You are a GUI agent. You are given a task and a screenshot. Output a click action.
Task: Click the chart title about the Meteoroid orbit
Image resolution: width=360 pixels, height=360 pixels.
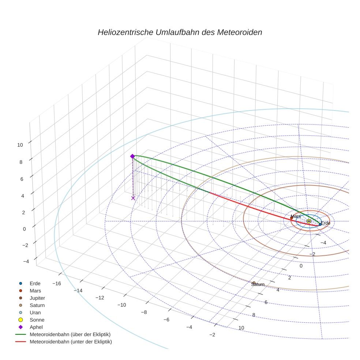click(180, 32)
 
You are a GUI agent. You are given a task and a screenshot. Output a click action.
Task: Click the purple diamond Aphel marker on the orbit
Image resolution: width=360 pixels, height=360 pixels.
click(132, 156)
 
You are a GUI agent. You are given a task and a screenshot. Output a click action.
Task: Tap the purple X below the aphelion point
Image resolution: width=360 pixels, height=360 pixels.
click(133, 198)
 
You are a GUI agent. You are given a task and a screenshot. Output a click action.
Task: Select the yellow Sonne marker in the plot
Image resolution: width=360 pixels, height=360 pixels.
click(309, 221)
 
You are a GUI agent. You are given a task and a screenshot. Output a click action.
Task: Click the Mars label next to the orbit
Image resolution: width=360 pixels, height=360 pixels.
click(296, 216)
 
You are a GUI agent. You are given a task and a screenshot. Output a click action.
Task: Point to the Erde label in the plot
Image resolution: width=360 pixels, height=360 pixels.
click(326, 223)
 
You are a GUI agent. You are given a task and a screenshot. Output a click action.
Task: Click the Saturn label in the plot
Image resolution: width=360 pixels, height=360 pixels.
click(258, 284)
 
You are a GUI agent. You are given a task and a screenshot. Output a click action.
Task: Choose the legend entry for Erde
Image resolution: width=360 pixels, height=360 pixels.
click(35, 284)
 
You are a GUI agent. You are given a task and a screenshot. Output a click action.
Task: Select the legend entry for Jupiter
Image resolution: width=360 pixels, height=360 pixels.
click(37, 298)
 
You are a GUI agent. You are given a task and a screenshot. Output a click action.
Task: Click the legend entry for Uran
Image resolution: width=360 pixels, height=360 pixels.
click(35, 313)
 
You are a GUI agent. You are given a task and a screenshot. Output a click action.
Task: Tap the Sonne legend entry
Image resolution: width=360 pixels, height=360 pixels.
click(37, 320)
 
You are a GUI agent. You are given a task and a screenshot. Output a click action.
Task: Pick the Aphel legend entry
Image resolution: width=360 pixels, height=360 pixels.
click(36, 327)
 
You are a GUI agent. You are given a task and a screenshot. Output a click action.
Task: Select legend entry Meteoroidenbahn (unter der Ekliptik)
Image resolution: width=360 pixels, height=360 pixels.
click(71, 342)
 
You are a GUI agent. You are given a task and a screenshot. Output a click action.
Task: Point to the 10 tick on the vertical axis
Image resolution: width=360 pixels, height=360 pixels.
click(20, 145)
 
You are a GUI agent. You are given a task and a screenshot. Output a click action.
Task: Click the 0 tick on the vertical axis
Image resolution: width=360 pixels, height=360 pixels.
click(25, 229)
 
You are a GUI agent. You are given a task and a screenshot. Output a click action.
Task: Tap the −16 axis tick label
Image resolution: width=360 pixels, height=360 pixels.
click(57, 284)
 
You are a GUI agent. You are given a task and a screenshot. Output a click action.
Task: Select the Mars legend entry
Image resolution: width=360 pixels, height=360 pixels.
click(35, 291)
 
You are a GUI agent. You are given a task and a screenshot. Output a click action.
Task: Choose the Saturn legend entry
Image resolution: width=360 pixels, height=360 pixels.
click(37, 305)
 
